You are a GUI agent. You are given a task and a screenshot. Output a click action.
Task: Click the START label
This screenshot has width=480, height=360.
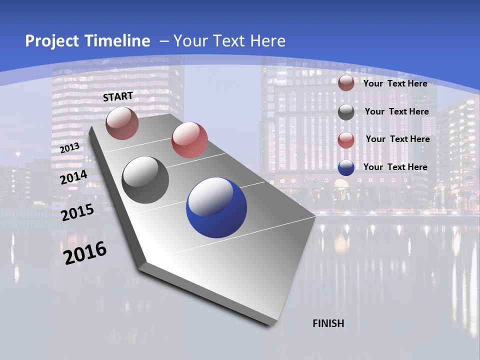[x=118, y=96]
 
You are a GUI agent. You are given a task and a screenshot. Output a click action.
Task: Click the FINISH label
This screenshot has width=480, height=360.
[x=328, y=323]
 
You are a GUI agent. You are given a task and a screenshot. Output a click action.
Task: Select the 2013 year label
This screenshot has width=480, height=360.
[x=69, y=148]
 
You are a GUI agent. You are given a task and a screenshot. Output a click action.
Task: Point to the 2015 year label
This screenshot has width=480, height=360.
[x=77, y=212]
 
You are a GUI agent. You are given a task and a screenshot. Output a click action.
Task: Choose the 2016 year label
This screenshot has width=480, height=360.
[x=85, y=253]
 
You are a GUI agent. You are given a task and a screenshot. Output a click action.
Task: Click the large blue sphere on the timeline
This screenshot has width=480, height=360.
[x=216, y=207]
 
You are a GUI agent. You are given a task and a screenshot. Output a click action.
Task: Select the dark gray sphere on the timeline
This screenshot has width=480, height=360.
[x=145, y=180]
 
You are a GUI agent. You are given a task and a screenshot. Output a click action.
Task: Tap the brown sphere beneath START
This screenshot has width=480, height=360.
[x=122, y=123]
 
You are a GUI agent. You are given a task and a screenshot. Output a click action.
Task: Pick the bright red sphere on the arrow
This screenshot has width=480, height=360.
[x=189, y=140]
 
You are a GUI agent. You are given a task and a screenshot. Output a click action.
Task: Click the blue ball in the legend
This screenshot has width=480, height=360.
[x=346, y=167]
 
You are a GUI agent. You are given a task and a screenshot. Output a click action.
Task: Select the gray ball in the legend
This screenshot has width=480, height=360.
[x=346, y=112]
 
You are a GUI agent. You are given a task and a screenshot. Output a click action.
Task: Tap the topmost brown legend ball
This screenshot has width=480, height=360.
[x=346, y=83]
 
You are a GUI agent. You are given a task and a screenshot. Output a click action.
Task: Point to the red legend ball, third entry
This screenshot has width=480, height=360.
[x=346, y=140]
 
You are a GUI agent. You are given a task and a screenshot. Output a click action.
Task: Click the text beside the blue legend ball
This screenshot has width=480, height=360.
[x=395, y=167]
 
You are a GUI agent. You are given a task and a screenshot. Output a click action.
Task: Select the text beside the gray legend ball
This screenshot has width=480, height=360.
[x=396, y=111]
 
